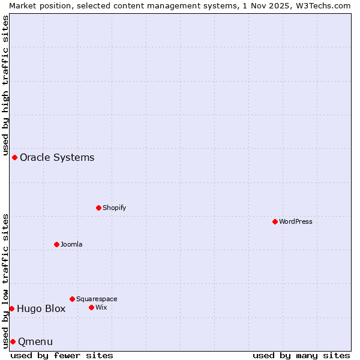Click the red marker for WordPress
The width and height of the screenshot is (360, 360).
pos(275,221)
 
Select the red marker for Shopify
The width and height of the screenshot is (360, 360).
pos(98,208)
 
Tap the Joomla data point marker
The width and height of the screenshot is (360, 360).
pos(56,244)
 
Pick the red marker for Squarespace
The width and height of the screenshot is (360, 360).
pos(72,299)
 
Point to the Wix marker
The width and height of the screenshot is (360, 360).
pos(91,307)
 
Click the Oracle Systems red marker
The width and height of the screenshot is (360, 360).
pos(14,157)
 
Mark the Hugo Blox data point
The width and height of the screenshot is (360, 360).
pos(11,308)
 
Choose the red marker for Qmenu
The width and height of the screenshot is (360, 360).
pos(13,341)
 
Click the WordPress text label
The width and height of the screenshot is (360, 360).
pos(296,221)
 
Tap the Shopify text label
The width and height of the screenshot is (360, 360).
pos(115,208)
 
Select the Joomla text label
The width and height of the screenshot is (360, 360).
pos(71,244)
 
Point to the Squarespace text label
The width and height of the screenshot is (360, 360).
pos(97,299)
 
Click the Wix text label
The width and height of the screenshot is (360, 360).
pos(101,307)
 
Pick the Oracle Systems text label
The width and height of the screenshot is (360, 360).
pos(57,157)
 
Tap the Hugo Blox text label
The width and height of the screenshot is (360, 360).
pos(41,308)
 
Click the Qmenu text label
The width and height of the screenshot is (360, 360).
pos(35,341)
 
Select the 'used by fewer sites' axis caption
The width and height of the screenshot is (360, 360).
pos(62,356)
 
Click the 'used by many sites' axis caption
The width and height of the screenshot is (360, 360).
pos(301,356)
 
